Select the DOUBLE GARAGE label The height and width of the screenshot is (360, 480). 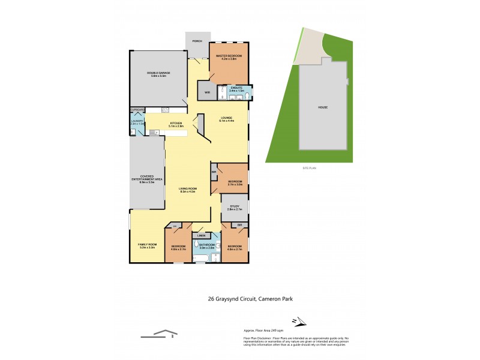click(159, 73)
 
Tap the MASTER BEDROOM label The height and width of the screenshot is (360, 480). click(228, 56)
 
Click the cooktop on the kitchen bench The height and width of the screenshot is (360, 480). click(164, 109)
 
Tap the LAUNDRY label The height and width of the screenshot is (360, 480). click(137, 121)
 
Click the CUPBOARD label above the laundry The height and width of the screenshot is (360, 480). click(137, 110)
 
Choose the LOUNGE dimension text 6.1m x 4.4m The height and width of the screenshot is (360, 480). click(227, 121)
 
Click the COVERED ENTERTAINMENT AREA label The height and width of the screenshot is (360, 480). click(147, 178)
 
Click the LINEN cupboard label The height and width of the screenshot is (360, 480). click(200, 235)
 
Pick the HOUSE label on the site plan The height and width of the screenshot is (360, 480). click(323, 107)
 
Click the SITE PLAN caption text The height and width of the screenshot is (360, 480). click(309, 169)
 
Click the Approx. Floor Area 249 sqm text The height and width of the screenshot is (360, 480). click(263, 331)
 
